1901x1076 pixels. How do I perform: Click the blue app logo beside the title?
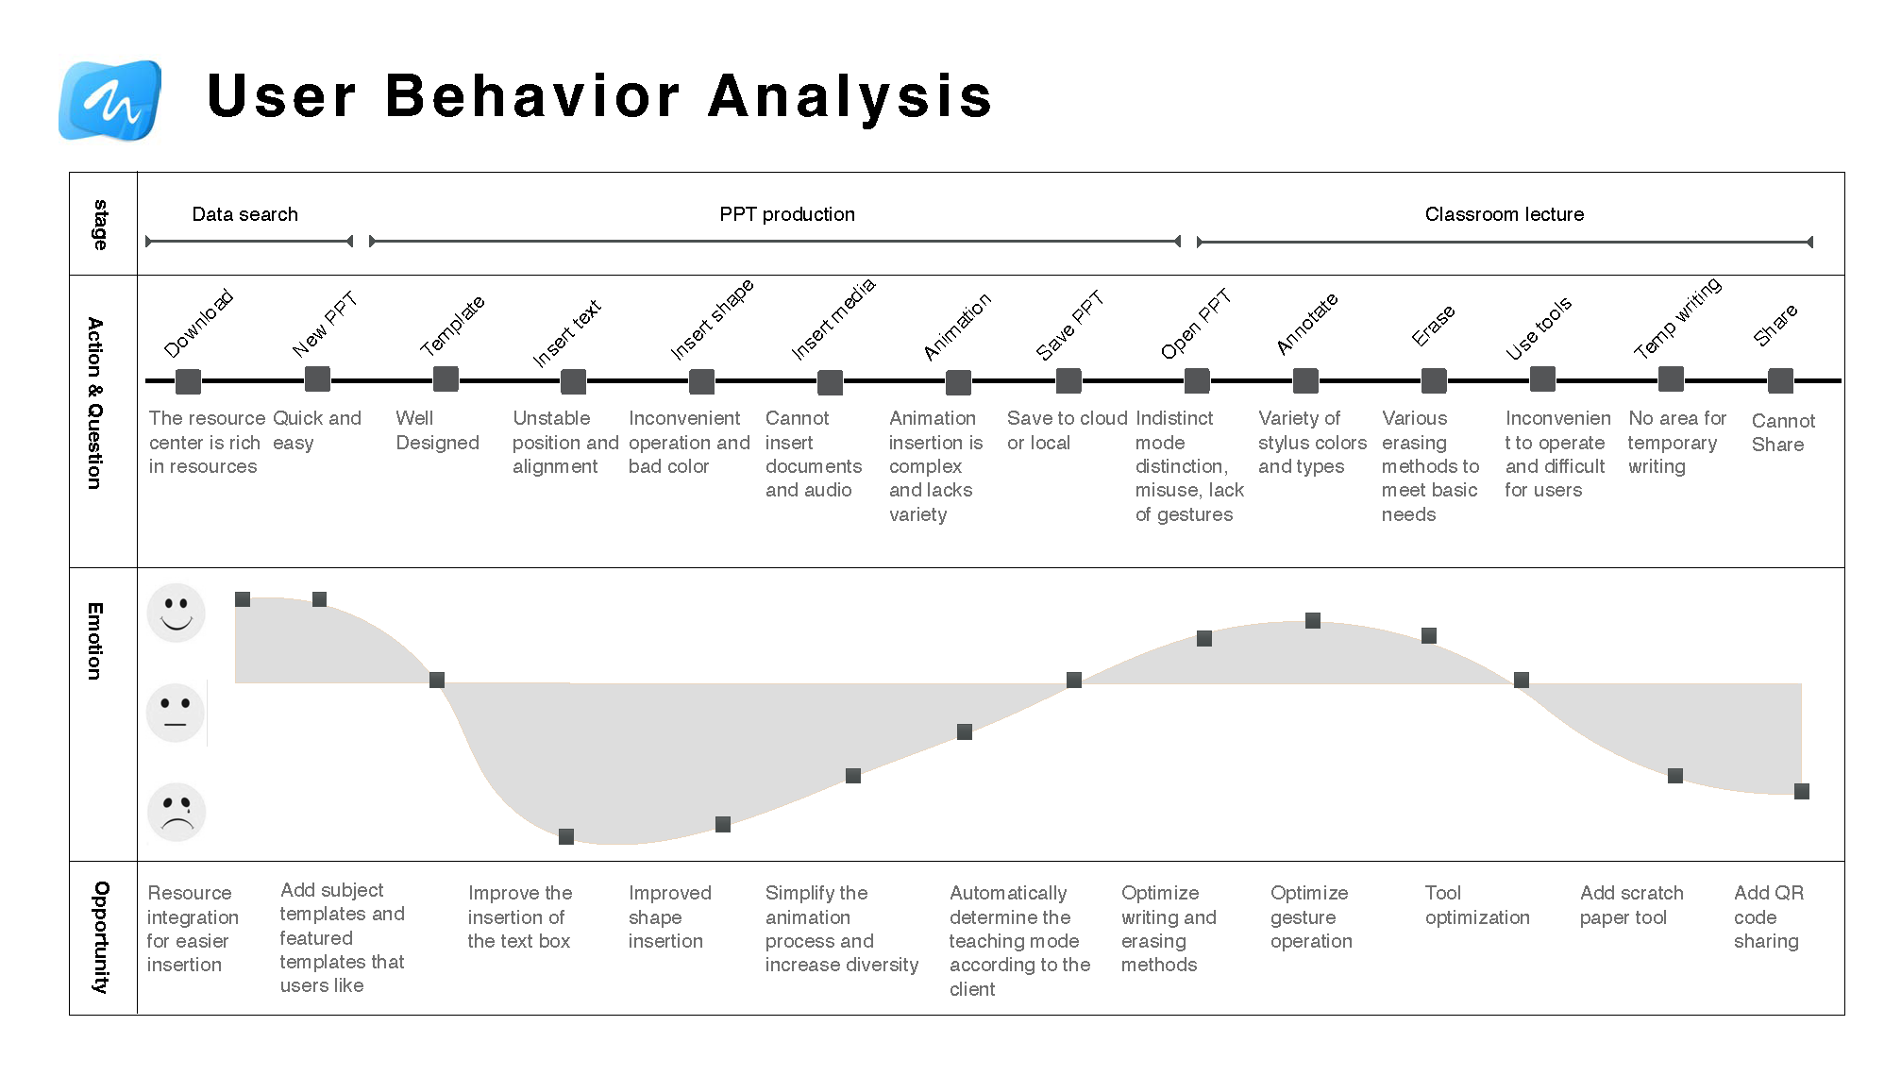pos(110,100)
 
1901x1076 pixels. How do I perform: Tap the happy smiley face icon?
pos(177,613)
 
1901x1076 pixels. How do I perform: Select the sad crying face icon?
pos(177,812)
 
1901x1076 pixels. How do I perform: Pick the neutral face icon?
pos(176,713)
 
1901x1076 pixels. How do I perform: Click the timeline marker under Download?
pos(188,381)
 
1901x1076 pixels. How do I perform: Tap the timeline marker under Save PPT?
pos(1068,380)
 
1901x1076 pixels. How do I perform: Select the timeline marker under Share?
pos(1780,380)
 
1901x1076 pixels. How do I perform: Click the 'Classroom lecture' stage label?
pos(1504,214)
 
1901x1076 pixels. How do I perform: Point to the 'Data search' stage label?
pos(244,214)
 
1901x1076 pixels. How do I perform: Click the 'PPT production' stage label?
pos(786,214)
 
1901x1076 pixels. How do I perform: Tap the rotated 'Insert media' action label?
pos(833,319)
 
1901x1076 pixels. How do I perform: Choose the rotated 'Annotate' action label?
pos(1306,323)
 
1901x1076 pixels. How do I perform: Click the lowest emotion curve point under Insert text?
pos(566,836)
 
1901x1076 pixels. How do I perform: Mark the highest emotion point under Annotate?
pos(1313,620)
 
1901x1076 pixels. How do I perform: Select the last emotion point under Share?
pos(1801,791)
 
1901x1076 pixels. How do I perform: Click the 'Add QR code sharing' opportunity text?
pos(1767,916)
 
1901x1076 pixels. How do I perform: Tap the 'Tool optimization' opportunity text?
pos(1476,904)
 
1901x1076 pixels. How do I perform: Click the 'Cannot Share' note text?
pos(1782,432)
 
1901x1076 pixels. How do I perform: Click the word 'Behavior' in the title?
pos(532,96)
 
